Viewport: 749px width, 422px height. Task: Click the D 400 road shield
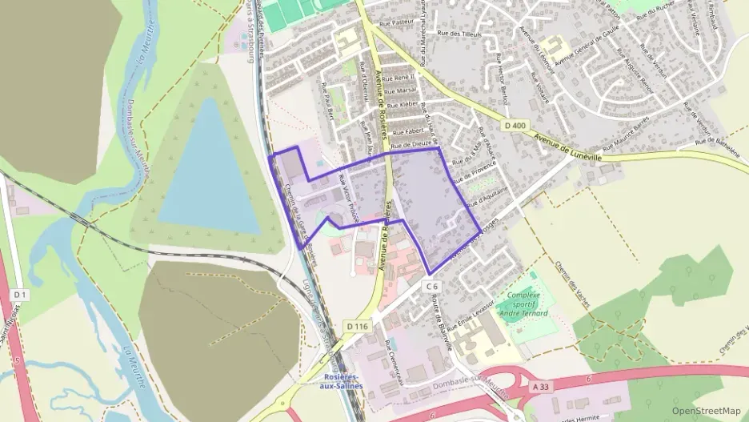(515, 126)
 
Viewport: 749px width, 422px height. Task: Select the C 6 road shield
(432, 286)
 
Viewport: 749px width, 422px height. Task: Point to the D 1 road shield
(20, 295)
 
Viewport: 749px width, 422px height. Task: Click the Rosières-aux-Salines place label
(342, 381)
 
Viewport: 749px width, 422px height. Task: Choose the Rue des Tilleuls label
(459, 34)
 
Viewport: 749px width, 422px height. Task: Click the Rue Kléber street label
(403, 106)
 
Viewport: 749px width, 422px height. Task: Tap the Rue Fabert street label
(407, 131)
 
